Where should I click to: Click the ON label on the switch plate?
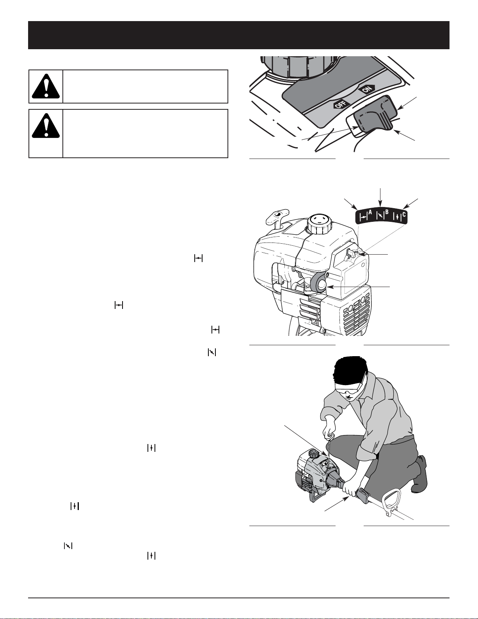point(367,89)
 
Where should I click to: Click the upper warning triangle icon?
point(46,86)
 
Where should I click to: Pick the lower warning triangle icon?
point(46,126)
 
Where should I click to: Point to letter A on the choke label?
point(370,212)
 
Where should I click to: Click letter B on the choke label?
point(387,212)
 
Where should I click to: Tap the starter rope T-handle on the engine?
point(277,218)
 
